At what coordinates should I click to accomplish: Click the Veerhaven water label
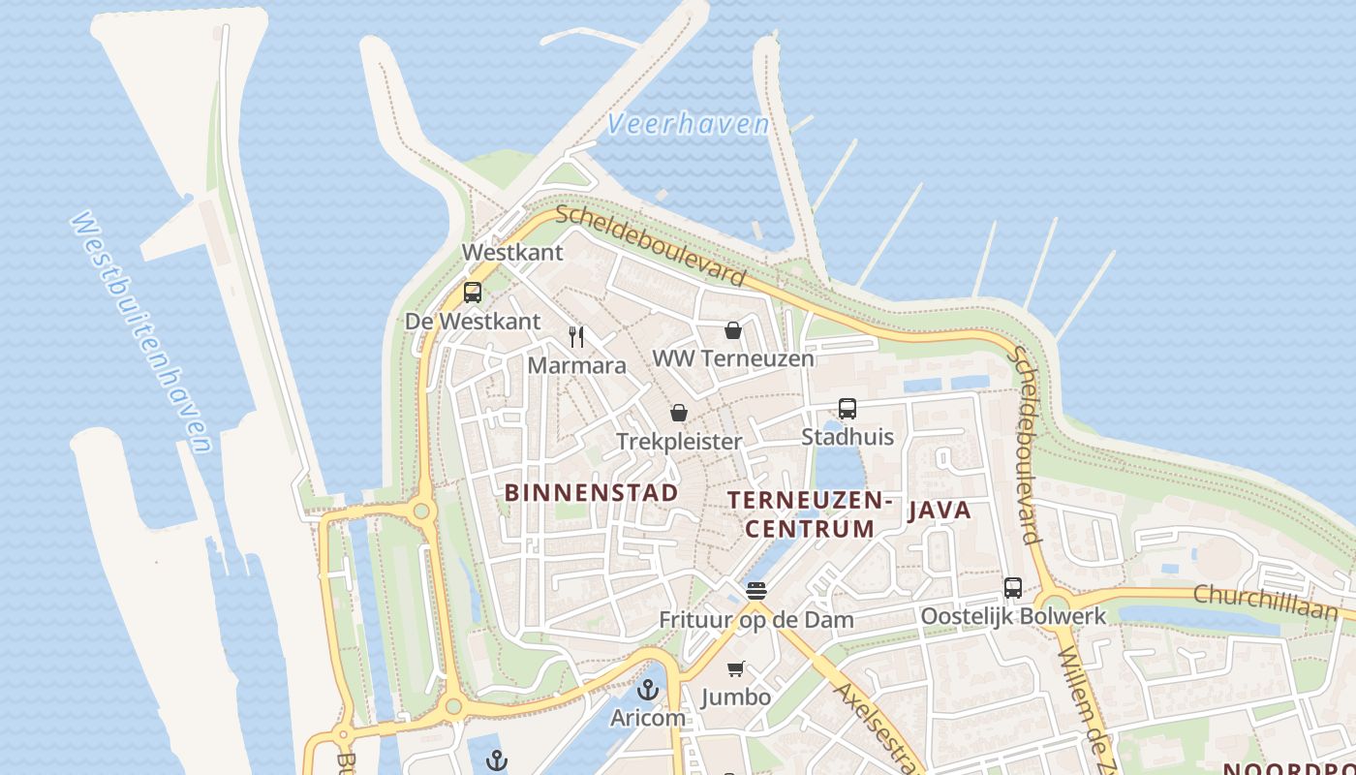click(688, 124)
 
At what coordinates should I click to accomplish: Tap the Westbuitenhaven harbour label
click(141, 331)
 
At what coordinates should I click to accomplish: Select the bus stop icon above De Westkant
click(473, 292)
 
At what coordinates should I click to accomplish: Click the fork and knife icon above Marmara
click(576, 336)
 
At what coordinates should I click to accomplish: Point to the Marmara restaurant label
click(576, 366)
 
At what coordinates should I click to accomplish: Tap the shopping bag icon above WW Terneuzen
click(733, 330)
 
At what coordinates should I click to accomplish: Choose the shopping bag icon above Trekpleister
click(679, 414)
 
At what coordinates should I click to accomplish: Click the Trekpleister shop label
click(679, 442)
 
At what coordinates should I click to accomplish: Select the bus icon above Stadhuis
click(847, 408)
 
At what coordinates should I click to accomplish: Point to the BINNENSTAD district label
click(591, 493)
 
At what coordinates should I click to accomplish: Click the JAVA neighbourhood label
click(939, 511)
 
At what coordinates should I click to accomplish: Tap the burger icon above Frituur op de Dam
click(756, 590)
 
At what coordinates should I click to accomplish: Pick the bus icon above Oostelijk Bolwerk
click(1013, 587)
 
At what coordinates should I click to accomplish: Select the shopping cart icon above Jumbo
click(736, 668)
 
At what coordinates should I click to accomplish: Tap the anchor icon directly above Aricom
click(648, 690)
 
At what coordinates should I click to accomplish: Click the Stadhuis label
click(847, 437)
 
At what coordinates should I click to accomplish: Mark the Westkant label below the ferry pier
click(512, 253)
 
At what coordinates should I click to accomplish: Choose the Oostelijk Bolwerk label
click(1013, 616)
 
